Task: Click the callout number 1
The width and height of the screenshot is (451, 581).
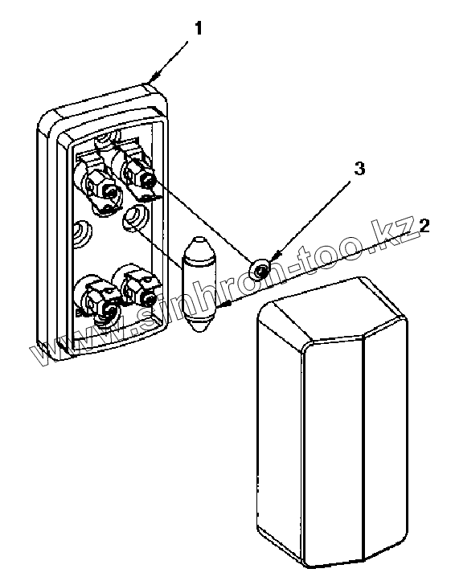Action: click(x=199, y=29)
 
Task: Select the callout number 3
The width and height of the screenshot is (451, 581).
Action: click(x=359, y=168)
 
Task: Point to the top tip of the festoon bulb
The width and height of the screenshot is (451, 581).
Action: click(x=199, y=237)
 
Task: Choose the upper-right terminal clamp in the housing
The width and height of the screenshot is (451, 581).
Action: click(x=137, y=172)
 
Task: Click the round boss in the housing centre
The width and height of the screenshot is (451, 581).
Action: click(x=135, y=218)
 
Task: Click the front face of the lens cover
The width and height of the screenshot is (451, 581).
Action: click(x=333, y=433)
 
